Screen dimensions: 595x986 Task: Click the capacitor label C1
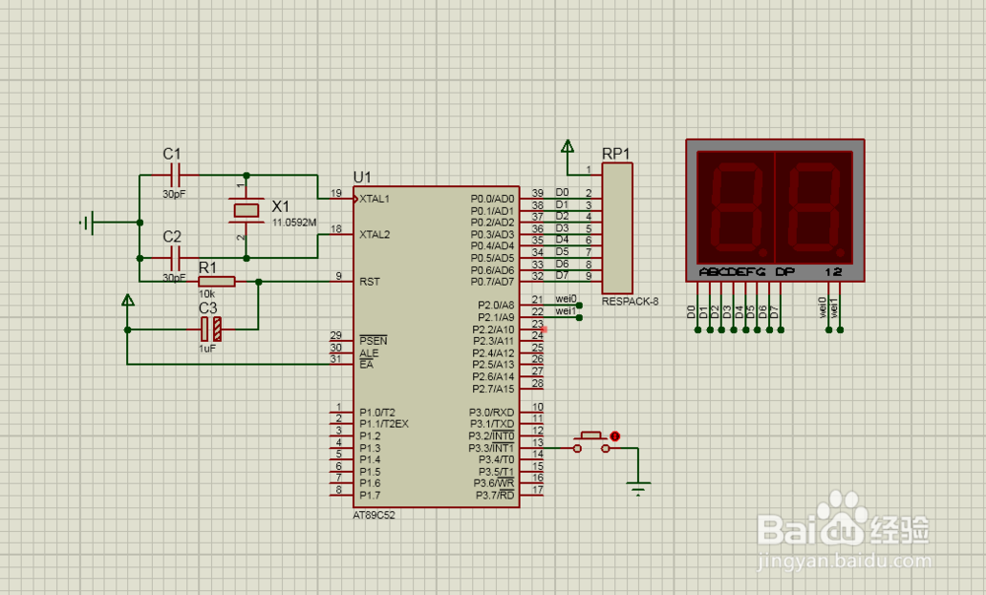coord(173,154)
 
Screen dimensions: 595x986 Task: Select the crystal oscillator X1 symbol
coord(245,210)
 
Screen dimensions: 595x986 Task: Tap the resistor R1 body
coord(217,282)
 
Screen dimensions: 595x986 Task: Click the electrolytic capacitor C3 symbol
coord(209,329)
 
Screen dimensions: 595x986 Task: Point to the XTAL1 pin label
coord(374,198)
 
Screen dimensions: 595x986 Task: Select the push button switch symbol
coord(593,440)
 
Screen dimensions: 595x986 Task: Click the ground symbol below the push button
coord(639,488)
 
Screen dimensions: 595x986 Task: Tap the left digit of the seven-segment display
coord(733,206)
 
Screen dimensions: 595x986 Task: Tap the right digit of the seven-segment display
coord(812,206)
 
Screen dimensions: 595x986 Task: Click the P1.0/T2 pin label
coord(378,412)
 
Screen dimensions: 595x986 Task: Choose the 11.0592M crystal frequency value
coord(294,223)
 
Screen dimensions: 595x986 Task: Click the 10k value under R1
coord(207,294)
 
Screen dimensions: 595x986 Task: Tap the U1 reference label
coord(362,177)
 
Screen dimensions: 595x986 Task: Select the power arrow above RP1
coord(567,148)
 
